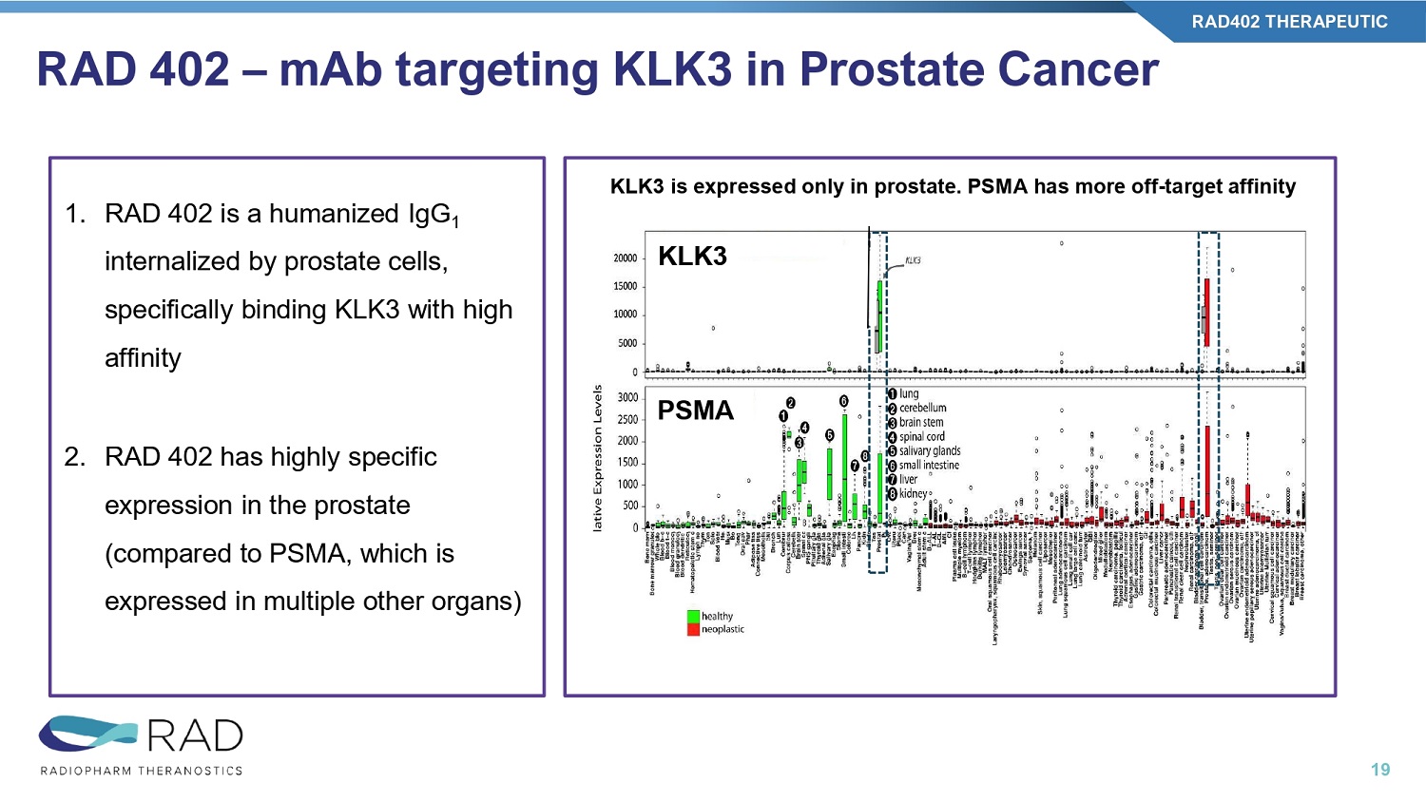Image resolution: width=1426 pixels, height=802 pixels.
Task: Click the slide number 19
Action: pyautogui.click(x=1380, y=770)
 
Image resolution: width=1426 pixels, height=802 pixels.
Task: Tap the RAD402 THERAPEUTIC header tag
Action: pyautogui.click(x=1289, y=22)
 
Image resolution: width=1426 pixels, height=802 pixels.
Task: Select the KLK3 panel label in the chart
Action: pyautogui.click(x=692, y=256)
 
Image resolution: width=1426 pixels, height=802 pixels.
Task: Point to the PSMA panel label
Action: pyautogui.click(x=696, y=411)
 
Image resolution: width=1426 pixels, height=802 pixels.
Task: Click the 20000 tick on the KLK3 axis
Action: pyautogui.click(x=625, y=258)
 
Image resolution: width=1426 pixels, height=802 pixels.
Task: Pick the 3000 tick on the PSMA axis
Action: pyautogui.click(x=627, y=398)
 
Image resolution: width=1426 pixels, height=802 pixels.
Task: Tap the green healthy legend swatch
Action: pyautogui.click(x=693, y=616)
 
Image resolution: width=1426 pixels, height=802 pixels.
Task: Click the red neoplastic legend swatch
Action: pyautogui.click(x=693, y=629)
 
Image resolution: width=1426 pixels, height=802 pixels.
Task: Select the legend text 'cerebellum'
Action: pyautogui.click(x=922, y=408)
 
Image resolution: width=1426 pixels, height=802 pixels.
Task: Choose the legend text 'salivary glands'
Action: pyautogui.click(x=930, y=450)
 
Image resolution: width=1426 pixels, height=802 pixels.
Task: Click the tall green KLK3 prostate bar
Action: pyautogui.click(x=879, y=314)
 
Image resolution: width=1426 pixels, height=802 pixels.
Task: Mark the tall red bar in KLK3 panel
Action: pyautogui.click(x=1206, y=312)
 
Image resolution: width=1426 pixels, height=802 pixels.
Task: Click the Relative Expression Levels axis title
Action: pyautogui.click(x=598, y=457)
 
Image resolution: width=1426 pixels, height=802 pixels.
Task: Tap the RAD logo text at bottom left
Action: pyautogui.click(x=195, y=736)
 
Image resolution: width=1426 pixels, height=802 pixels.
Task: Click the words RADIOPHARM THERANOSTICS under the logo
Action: pyautogui.click(x=142, y=771)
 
